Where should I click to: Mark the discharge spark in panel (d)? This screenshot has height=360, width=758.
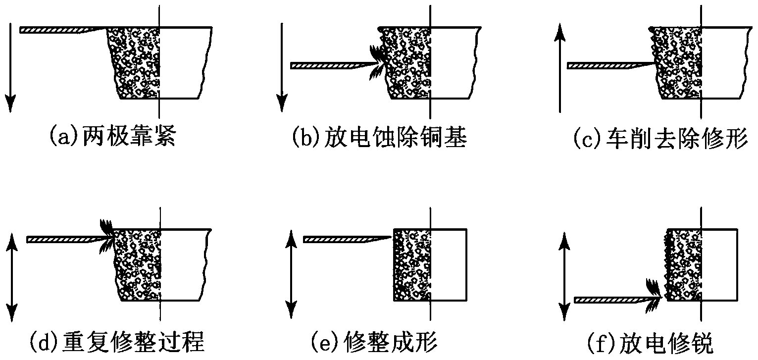click(x=106, y=234)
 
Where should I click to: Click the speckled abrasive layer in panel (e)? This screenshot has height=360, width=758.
click(x=411, y=265)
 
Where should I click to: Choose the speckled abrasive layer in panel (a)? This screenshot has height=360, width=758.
click(x=136, y=62)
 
